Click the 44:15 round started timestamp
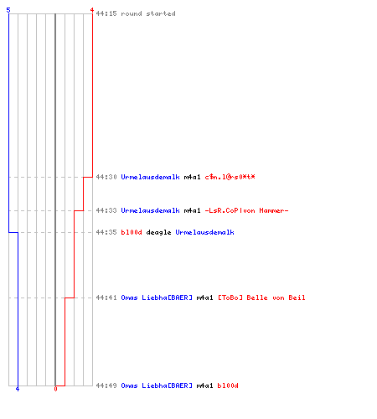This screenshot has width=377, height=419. pyautogui.click(x=106, y=13)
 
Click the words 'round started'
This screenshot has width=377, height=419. pyautogui.click(x=148, y=13)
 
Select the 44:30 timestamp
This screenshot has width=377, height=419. pyautogui.click(x=106, y=177)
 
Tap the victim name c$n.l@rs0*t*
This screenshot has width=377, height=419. pyautogui.click(x=230, y=177)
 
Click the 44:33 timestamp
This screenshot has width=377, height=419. pyautogui.click(x=106, y=210)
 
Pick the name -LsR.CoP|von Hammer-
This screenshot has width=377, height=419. pyautogui.click(x=246, y=210)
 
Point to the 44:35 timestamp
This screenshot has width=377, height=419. pyautogui.click(x=106, y=232)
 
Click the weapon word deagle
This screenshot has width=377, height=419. pyautogui.click(x=158, y=232)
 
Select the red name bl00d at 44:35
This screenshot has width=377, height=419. pyautogui.click(x=132, y=232)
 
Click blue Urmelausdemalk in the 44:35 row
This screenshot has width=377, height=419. pyautogui.click(x=205, y=232)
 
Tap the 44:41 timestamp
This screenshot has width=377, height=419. pyautogui.click(x=106, y=297)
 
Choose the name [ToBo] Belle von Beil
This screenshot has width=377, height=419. pyautogui.click(x=261, y=297)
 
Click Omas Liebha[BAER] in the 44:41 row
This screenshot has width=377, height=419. pyautogui.click(x=157, y=297)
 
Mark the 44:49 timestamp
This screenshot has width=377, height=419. pyautogui.click(x=106, y=385)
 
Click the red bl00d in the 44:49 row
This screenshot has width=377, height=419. pyautogui.click(x=228, y=385)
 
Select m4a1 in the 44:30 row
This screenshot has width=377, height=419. pyautogui.click(x=192, y=177)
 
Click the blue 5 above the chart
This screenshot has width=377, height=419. pyautogui.click(x=8, y=10)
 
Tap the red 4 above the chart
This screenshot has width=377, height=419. pyautogui.click(x=92, y=10)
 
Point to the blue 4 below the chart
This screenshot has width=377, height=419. pyautogui.click(x=18, y=389)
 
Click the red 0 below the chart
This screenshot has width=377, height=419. pyautogui.click(x=55, y=389)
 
